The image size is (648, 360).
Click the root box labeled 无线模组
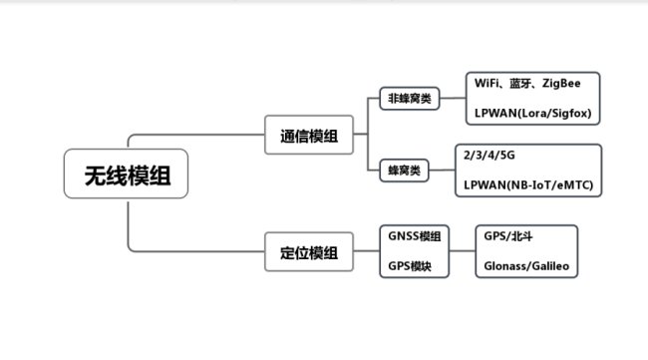pos(126,174)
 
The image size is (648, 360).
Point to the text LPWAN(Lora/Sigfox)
pos(533,115)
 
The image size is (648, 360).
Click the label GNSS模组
pos(416,236)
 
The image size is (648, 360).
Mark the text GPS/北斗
pos(507,236)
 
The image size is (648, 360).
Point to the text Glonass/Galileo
pos(525,267)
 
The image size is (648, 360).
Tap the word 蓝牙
pos(526,82)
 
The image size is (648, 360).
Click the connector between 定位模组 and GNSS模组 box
pos(365,251)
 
